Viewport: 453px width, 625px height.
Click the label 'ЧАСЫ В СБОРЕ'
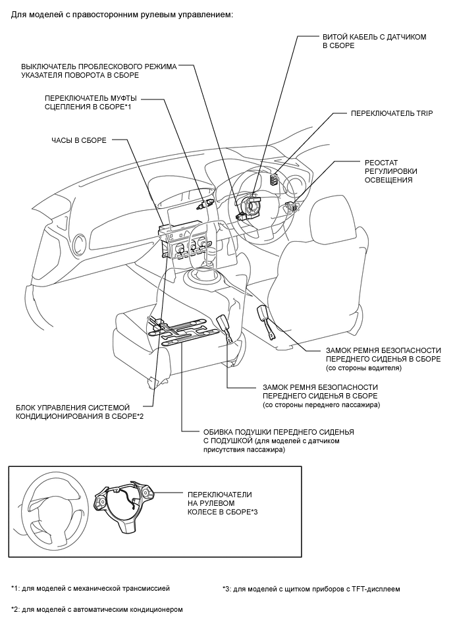coord(78,140)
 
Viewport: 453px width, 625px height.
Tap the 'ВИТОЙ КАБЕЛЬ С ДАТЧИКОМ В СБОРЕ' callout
coord(374,41)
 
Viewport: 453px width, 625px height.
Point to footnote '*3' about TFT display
coord(311,588)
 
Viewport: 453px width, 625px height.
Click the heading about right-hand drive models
coord(122,14)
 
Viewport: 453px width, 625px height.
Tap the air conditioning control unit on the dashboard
coord(188,245)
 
